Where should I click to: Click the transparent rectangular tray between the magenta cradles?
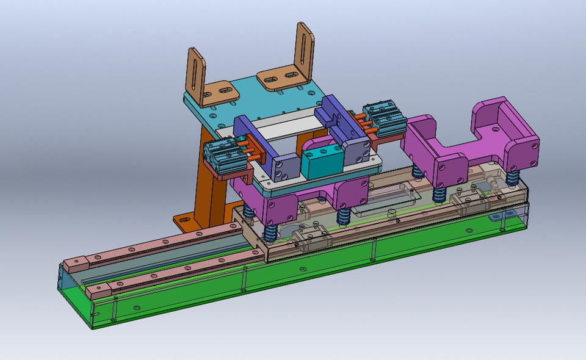point(385,198)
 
